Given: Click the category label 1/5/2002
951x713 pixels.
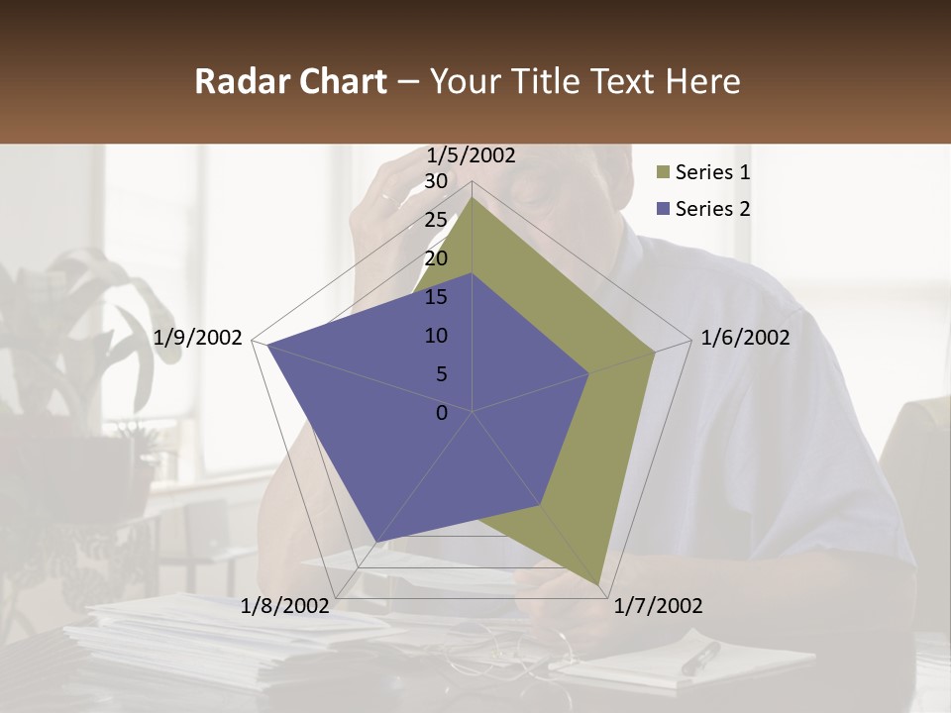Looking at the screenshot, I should (471, 155).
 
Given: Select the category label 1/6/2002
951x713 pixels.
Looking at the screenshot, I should (745, 338).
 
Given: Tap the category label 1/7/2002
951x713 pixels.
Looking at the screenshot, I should (658, 606).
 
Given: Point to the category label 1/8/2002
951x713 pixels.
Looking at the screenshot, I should (285, 606).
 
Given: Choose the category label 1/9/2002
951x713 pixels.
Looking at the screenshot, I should (198, 338).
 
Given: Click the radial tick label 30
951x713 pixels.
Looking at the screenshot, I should (435, 181).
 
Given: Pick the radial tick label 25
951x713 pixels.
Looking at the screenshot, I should (435, 220).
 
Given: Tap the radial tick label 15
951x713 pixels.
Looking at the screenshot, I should (435, 297).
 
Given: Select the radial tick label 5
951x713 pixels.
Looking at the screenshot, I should (441, 374).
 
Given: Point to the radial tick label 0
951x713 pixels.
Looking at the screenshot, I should (442, 413).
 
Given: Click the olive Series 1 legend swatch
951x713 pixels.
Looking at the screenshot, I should (663, 173).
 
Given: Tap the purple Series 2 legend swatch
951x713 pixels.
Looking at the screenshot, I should (663, 209).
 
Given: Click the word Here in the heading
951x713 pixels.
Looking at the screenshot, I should (702, 82).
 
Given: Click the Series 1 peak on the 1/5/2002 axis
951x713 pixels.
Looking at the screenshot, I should (472, 198).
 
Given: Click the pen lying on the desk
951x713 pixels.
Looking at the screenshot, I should (700, 658).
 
